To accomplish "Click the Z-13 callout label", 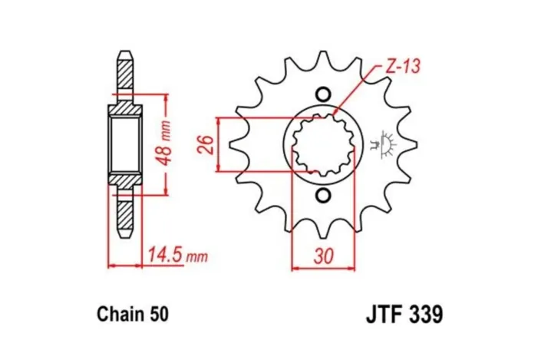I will coord(401,67).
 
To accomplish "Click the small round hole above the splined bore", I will coord(323,94).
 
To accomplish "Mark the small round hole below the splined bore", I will coord(323,196).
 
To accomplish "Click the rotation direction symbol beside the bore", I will coord(384,144).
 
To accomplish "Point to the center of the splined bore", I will coord(323,145).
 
